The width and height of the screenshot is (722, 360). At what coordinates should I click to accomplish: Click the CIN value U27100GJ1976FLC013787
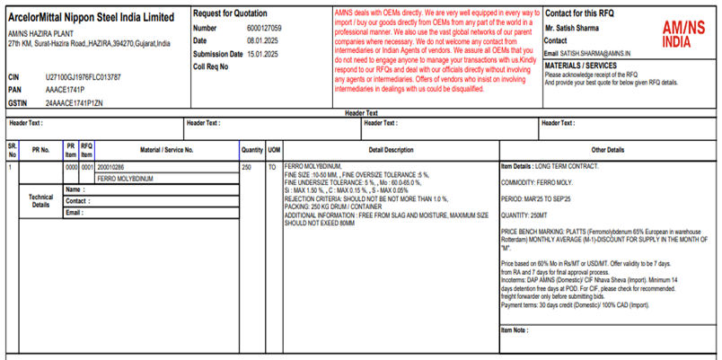pos(83,78)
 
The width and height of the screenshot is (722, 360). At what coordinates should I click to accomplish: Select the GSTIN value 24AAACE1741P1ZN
pos(75,103)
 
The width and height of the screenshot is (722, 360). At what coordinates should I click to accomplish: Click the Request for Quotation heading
pos(229,15)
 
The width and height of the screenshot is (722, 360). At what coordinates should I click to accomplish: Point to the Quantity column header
pos(251,150)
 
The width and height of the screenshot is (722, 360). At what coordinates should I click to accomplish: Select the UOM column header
pos(274,150)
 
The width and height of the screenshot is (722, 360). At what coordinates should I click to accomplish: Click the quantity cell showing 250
pos(246,167)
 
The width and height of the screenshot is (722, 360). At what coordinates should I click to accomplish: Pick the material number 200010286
pos(111,167)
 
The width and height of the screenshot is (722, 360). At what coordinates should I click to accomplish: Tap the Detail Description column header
pos(390,150)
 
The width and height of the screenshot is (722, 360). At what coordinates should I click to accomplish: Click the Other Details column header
pos(607,150)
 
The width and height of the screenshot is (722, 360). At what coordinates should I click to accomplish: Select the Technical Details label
pos(40,200)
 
